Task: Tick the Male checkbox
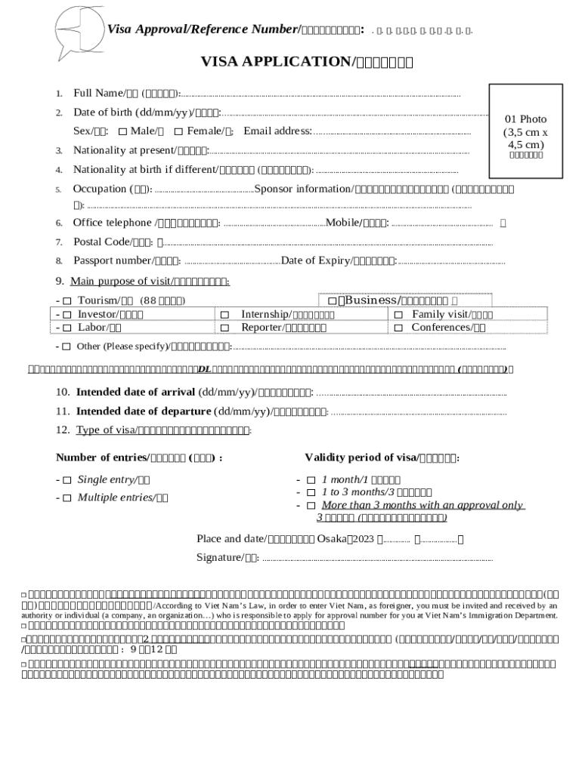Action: pos(123,132)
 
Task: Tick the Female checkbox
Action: pos(178,132)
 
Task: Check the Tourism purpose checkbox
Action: pos(67,301)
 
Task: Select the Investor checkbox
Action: pos(67,314)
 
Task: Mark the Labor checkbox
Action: pos(67,328)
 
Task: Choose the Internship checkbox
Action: pos(224,314)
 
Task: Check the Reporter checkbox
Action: pos(224,328)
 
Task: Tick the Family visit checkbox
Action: pos(399,314)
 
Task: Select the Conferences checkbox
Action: pos(399,328)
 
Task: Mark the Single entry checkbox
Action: pos(67,480)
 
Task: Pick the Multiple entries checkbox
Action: pos(67,497)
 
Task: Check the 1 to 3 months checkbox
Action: pos(310,492)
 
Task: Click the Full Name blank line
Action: pos(320,95)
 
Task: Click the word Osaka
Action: pos(331,539)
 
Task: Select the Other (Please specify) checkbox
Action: pos(67,346)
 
